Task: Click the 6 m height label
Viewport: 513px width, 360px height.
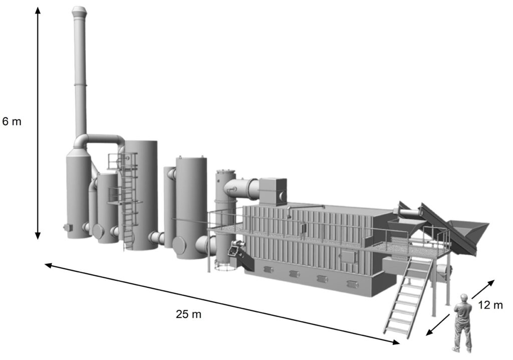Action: (x=12, y=121)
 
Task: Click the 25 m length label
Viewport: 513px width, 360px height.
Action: (x=188, y=315)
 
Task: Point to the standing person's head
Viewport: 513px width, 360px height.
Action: (x=464, y=298)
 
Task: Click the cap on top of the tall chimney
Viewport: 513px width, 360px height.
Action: (x=79, y=11)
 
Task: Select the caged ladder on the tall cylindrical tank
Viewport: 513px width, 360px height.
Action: (x=128, y=201)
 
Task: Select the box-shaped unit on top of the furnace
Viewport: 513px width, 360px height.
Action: (x=273, y=190)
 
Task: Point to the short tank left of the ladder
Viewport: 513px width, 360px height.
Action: (x=107, y=208)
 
